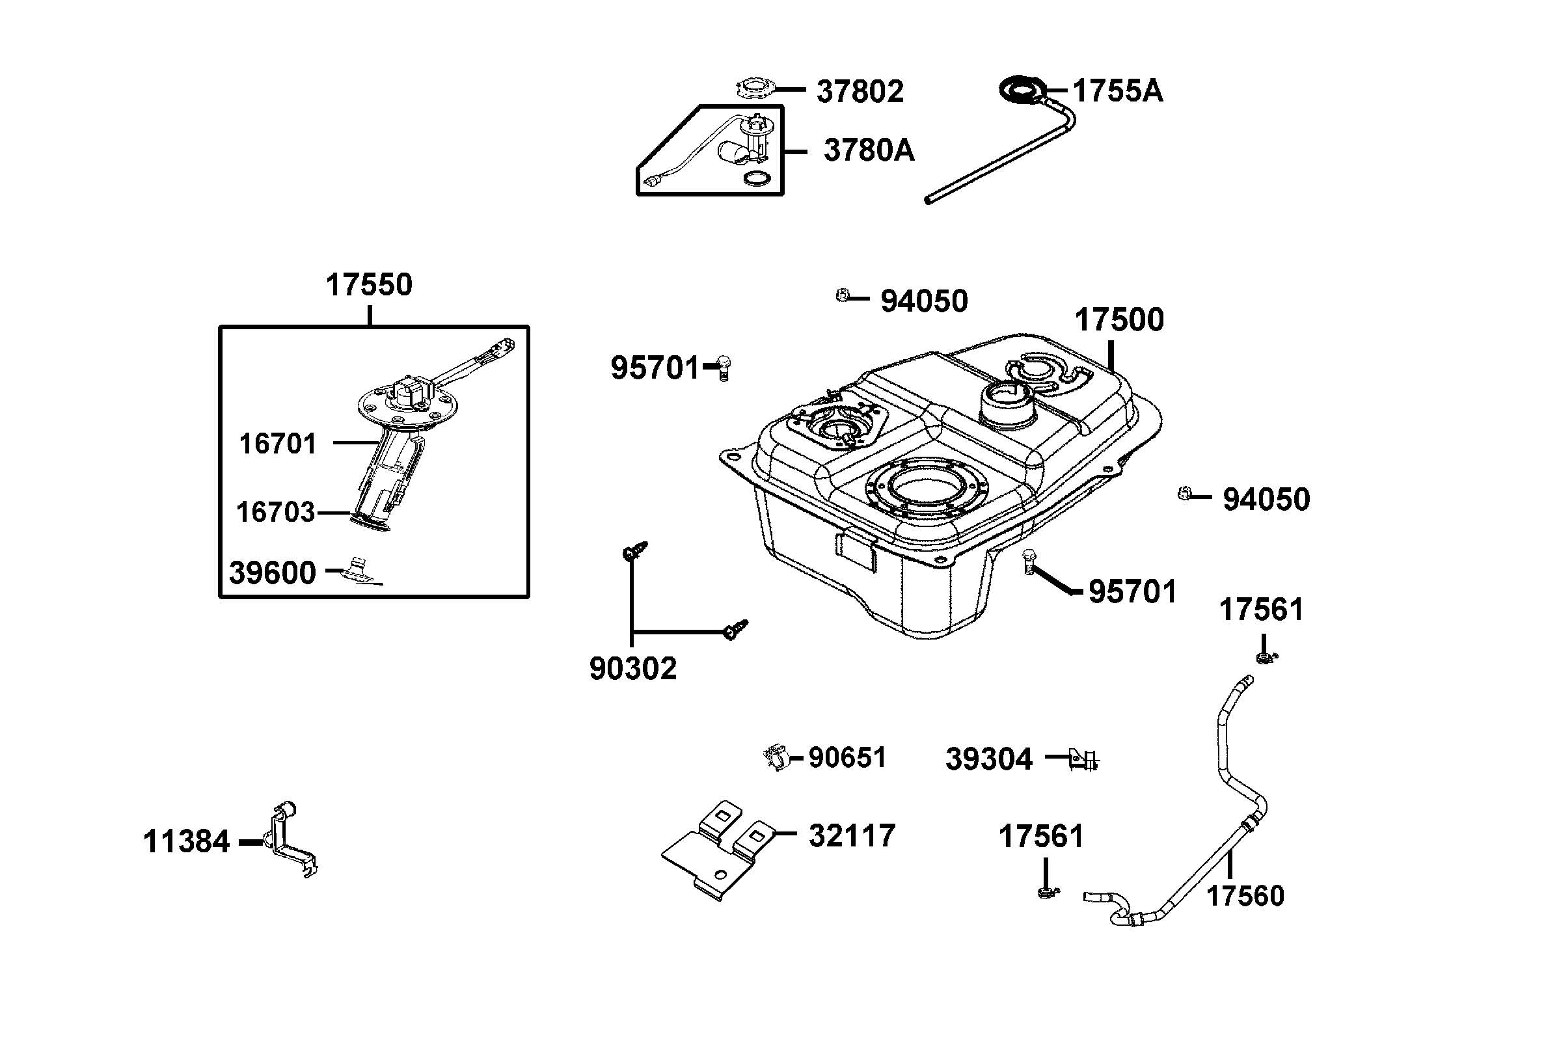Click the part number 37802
pyautogui.click(x=860, y=92)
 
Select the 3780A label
pyautogui.click(x=868, y=150)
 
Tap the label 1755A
pyautogui.click(x=1117, y=91)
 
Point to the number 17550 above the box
pyautogui.click(x=368, y=285)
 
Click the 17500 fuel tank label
pyautogui.click(x=1118, y=320)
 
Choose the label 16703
pyautogui.click(x=275, y=512)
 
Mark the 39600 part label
pyautogui.click(x=273, y=573)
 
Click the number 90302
pyautogui.click(x=632, y=669)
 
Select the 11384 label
pyautogui.click(x=186, y=843)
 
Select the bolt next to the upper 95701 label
pyautogui.click(x=724, y=367)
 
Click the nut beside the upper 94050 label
pyautogui.click(x=843, y=295)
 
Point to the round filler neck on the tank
pyautogui.click(x=1006, y=403)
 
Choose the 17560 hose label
pyautogui.click(x=1245, y=896)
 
